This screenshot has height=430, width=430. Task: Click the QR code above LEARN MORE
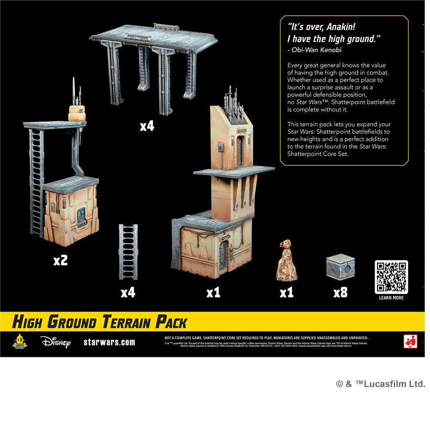click(x=391, y=277)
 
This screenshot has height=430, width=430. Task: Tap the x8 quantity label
click(x=340, y=292)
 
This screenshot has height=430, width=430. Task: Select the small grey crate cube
click(x=340, y=268)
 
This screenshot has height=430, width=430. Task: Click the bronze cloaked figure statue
click(x=287, y=261)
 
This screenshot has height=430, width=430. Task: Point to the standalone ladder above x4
click(x=128, y=252)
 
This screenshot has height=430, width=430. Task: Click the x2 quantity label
click(x=60, y=260)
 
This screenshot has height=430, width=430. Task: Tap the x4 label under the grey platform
click(x=147, y=126)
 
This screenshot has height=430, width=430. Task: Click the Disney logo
click(x=55, y=342)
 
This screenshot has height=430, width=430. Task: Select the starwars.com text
click(x=109, y=342)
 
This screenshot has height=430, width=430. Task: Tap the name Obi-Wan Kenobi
click(x=316, y=50)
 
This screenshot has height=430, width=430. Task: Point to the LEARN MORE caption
click(x=391, y=298)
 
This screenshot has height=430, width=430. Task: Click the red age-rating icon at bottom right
click(x=410, y=342)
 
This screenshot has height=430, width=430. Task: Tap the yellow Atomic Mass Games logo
click(x=20, y=341)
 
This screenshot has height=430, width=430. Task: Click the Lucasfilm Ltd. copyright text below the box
click(x=380, y=384)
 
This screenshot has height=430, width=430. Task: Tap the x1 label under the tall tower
click(x=213, y=292)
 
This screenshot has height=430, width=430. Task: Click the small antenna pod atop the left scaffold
click(x=77, y=110)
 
